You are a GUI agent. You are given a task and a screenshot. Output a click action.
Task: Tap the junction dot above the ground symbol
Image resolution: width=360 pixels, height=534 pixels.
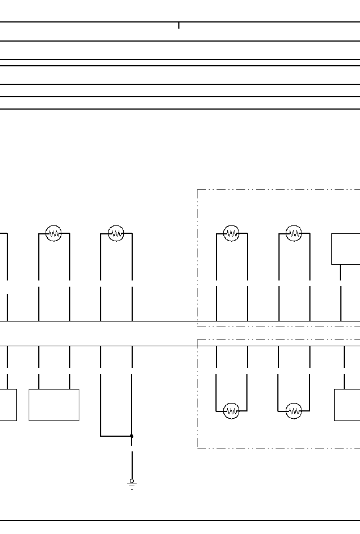pyautogui.click(x=132, y=436)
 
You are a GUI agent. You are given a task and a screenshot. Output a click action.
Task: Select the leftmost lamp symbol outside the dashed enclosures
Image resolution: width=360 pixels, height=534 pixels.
pyautogui.click(x=53, y=233)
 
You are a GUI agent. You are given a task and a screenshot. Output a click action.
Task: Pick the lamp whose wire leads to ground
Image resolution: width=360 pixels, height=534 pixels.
pyautogui.click(x=116, y=233)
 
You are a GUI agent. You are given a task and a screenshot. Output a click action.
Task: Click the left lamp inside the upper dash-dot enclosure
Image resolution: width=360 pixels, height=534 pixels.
pyautogui.click(x=231, y=233)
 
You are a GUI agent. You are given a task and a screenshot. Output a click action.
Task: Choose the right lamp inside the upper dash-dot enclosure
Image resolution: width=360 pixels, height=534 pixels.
pyautogui.click(x=294, y=233)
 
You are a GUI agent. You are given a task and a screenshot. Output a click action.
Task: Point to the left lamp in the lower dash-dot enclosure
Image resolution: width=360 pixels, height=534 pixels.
pyautogui.click(x=231, y=411)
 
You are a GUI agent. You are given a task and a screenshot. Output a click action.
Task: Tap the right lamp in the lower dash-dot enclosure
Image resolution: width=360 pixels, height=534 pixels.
pyautogui.click(x=294, y=411)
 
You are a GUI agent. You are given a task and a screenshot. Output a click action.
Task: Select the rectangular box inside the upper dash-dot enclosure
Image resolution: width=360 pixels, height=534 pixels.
pyautogui.click(x=345, y=248)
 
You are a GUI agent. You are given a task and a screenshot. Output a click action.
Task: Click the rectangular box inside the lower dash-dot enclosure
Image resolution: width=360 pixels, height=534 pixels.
pyautogui.click(x=347, y=405)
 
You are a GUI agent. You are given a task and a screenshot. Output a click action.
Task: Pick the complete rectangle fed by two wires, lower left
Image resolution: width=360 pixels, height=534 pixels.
pyautogui.click(x=53, y=405)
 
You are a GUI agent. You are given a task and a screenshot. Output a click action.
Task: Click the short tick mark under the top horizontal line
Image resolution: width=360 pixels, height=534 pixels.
pyautogui.click(x=179, y=25)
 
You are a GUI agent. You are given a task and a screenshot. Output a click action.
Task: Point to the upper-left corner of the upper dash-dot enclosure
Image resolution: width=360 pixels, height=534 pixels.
pyautogui.click(x=197, y=190)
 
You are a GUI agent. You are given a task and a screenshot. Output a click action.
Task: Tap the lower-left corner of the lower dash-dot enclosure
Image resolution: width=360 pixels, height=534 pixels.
pyautogui.click(x=197, y=448)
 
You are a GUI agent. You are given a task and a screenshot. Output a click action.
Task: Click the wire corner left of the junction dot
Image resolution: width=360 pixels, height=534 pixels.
pyautogui.click(x=101, y=436)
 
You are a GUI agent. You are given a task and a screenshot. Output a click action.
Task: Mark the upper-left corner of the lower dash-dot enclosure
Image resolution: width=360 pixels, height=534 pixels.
pyautogui.click(x=197, y=340)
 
